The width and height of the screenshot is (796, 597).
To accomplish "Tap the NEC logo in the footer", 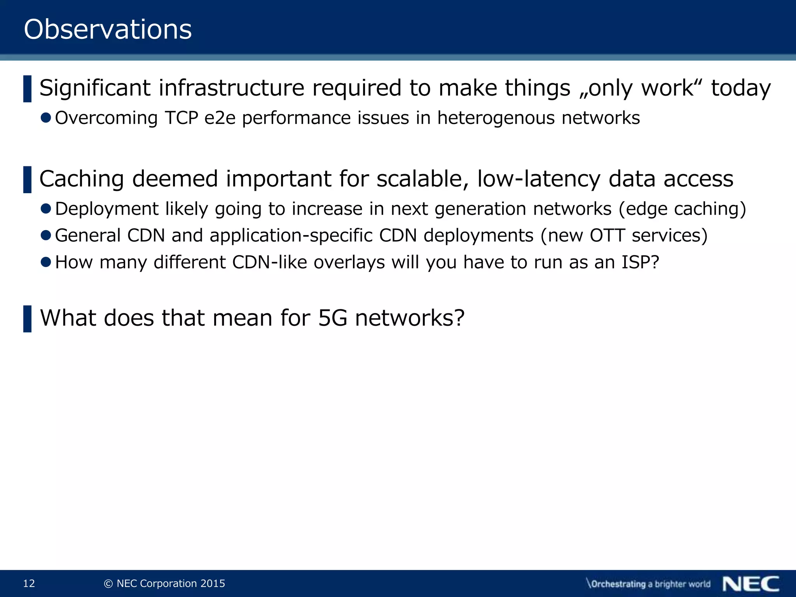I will click(751, 584).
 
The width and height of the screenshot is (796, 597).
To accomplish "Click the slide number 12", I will click(29, 583).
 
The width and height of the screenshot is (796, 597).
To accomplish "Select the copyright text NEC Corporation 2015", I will click(170, 583).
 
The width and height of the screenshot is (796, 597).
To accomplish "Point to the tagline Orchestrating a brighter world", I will click(648, 584).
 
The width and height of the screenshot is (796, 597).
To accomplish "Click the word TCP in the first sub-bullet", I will click(182, 118).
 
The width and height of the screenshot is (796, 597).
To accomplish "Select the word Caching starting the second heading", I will click(81, 179).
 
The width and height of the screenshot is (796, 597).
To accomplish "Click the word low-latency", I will click(539, 179).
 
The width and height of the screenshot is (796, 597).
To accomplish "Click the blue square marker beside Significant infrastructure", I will click(27, 89).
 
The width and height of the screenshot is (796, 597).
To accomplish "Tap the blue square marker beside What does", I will click(27, 319).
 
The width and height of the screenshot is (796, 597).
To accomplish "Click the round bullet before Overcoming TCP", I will click(46, 117).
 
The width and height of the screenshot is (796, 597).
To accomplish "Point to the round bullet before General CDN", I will click(46, 235).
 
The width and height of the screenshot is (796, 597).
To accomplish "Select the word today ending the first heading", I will click(741, 89).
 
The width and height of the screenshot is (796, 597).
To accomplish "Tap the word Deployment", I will click(106, 209).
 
